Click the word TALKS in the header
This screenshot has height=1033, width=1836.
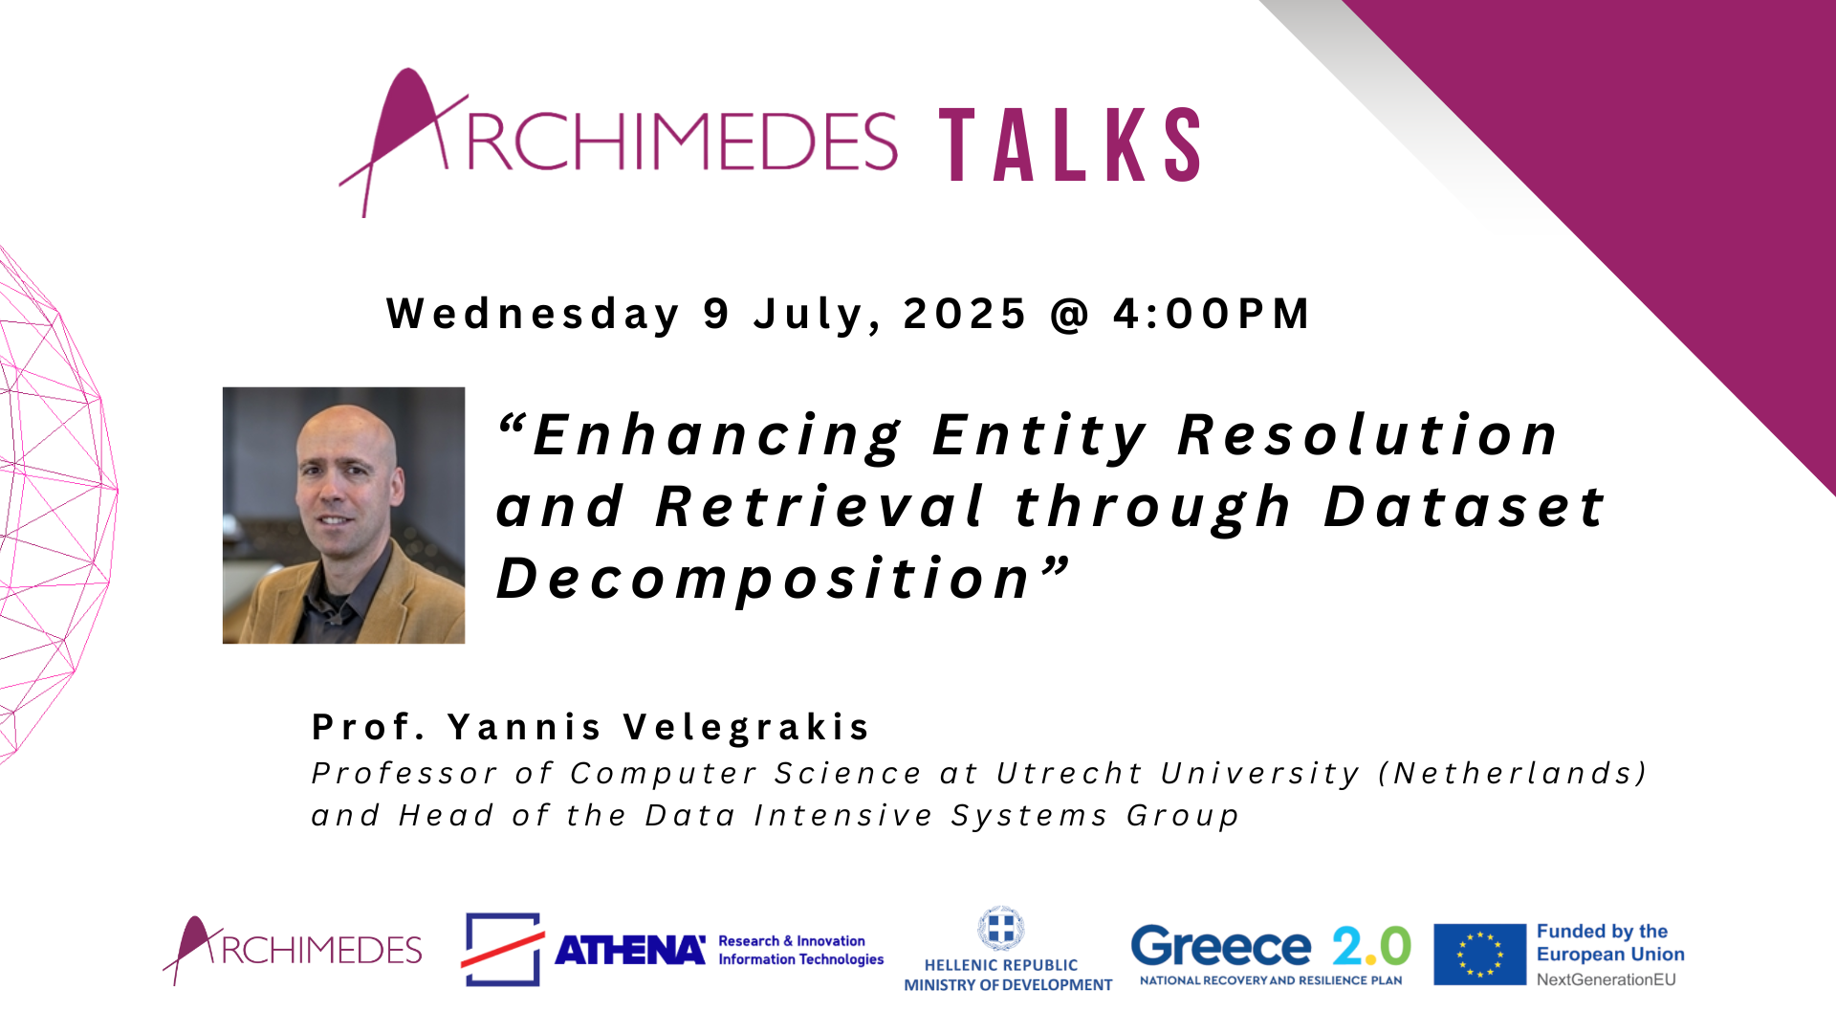(x=1071, y=144)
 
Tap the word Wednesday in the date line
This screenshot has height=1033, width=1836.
(x=534, y=315)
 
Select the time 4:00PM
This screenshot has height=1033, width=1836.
(x=1212, y=314)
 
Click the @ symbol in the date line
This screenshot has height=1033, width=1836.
(x=1070, y=315)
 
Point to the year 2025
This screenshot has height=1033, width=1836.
(x=965, y=314)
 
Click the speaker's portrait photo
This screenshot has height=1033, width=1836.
(x=343, y=515)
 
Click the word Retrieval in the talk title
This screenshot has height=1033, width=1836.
(x=820, y=506)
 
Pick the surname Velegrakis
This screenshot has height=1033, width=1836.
(x=747, y=727)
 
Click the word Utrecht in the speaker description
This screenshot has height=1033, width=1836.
(x=1069, y=773)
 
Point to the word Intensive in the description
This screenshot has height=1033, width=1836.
(x=843, y=815)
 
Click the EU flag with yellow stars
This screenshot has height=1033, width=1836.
(x=1479, y=954)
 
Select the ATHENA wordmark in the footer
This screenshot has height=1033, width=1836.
(x=630, y=950)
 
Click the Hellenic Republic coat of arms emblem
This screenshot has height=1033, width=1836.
(x=1000, y=929)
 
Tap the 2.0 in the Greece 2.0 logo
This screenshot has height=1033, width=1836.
(x=1372, y=947)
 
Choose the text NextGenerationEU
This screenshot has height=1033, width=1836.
(x=1606, y=979)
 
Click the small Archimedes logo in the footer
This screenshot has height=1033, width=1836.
(x=293, y=950)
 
